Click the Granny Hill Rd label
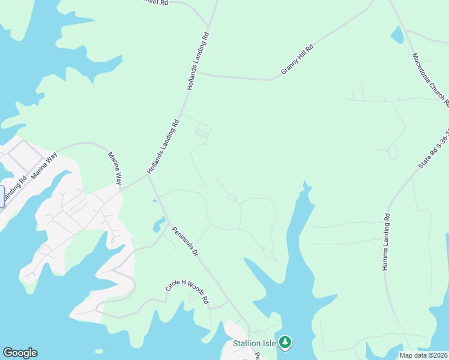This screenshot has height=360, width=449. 298,60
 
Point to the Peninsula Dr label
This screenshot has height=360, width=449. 185,241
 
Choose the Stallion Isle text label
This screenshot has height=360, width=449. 255,344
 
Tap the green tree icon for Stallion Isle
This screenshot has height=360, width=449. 286,343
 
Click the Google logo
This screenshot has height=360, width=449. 20,353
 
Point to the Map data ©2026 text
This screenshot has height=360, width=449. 424,355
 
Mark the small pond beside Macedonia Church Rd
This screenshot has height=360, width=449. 397,35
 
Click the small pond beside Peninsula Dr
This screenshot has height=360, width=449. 158,225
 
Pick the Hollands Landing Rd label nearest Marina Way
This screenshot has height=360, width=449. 164,147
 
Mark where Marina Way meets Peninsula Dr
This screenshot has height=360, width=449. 148,176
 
